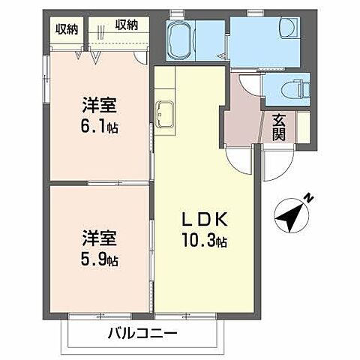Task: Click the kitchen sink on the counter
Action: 165,116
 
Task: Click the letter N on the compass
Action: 307,198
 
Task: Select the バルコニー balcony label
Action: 142,332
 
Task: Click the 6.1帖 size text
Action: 101,127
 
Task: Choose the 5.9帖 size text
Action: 100,260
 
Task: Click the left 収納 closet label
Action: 67,28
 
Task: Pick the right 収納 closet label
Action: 127,24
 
